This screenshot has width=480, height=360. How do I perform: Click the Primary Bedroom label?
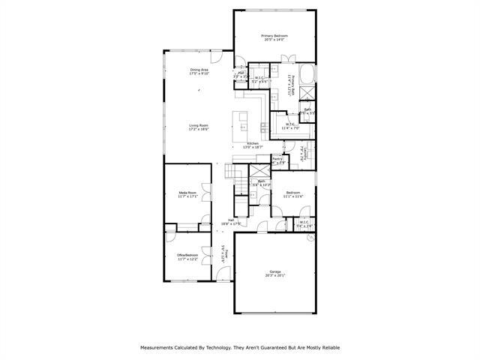(274, 37)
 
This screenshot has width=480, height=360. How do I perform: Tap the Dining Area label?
(199, 71)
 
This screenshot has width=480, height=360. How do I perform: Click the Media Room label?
(187, 194)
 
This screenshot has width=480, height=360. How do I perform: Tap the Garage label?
(274, 273)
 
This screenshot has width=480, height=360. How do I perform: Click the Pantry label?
(277, 159)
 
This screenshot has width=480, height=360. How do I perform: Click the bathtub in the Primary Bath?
(307, 77)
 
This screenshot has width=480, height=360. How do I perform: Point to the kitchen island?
(242, 119)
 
